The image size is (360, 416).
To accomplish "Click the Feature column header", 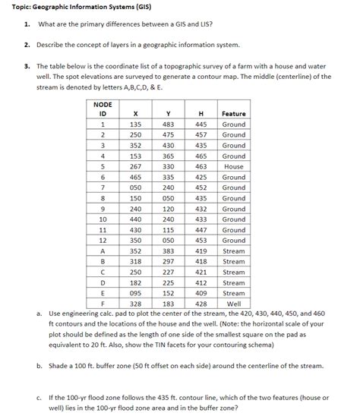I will tap(233, 113).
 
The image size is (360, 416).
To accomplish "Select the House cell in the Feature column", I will tap(233, 166).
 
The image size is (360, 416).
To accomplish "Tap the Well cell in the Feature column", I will tap(233, 304).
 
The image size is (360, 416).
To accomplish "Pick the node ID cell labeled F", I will tap(102, 304).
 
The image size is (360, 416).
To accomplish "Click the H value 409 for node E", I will tap(201, 293).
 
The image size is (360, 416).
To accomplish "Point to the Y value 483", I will tap(169, 124).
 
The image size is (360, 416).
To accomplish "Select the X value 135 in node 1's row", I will tap(136, 124).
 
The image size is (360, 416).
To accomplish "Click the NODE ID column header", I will tap(102, 109).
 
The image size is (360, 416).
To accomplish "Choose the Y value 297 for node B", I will tap(169, 261).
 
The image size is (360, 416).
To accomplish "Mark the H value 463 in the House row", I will tap(201, 166).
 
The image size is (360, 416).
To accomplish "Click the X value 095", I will tap(136, 293).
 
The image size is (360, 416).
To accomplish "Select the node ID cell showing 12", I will tap(102, 240).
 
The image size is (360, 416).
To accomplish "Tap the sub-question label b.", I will tap(39, 366).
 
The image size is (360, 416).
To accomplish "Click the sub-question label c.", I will tap(39, 396).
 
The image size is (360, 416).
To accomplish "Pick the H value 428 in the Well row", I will tap(201, 304).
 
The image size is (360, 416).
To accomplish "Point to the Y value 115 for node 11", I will tap(169, 229).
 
